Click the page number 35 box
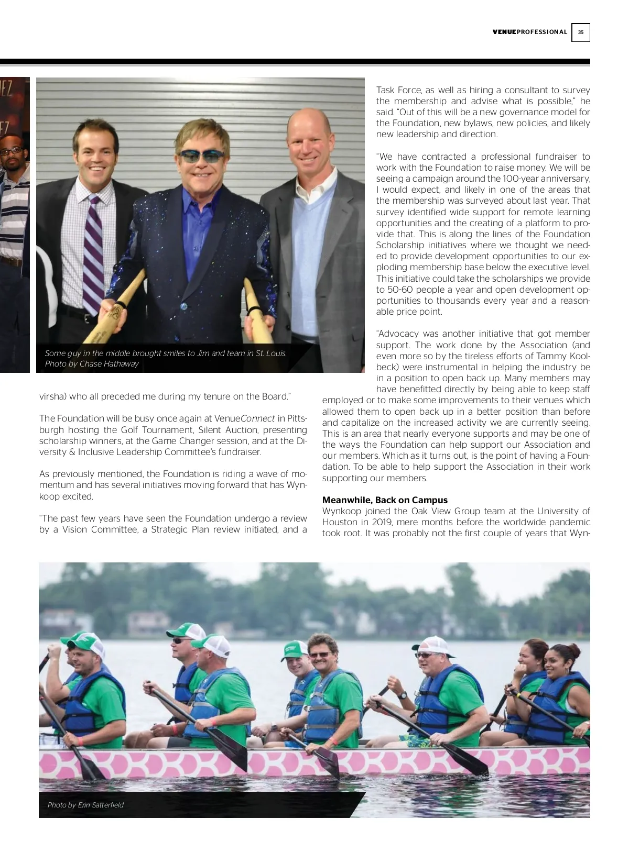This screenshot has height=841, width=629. (x=580, y=32)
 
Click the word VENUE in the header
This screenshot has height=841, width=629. (x=504, y=32)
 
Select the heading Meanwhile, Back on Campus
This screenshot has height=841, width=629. (x=385, y=500)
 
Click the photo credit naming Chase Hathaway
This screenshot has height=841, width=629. (x=92, y=364)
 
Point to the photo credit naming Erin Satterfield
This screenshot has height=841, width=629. (x=85, y=805)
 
